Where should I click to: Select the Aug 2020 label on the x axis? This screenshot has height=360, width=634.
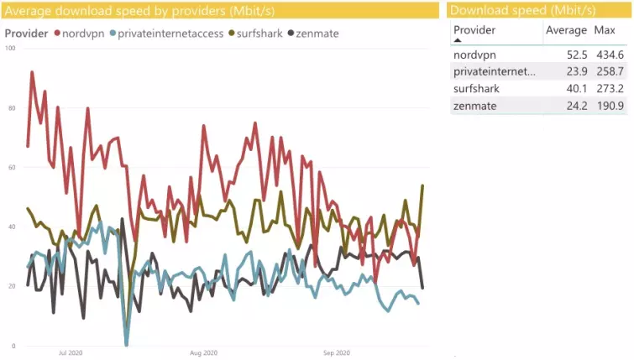pos(204,353)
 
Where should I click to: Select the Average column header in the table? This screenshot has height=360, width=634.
pos(566,30)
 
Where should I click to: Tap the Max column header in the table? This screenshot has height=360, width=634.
pos(605,30)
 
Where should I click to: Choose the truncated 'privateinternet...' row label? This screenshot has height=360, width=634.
pos(494,71)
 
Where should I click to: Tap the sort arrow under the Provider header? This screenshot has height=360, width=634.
pos(458,40)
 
